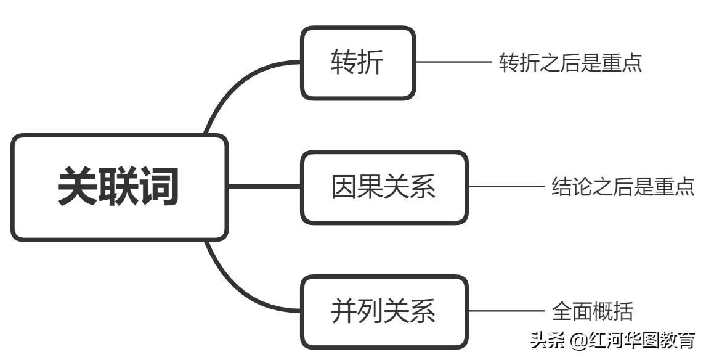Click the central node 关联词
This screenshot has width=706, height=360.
[x=119, y=187]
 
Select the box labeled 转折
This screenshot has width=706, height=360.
[x=357, y=63]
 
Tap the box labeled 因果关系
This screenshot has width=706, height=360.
[x=384, y=187]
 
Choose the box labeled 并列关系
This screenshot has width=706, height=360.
[x=384, y=311]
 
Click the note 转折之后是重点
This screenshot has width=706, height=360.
[x=570, y=63]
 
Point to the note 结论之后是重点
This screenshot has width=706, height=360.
[x=623, y=187]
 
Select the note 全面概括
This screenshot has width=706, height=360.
[x=592, y=311]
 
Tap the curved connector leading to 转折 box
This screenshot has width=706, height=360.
[x=234, y=92]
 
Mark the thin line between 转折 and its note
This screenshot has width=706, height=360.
[x=453, y=62]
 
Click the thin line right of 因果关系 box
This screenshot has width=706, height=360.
[x=505, y=187]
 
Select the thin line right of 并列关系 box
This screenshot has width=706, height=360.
[x=505, y=311]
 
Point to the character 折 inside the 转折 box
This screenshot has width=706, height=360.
[x=371, y=63]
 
